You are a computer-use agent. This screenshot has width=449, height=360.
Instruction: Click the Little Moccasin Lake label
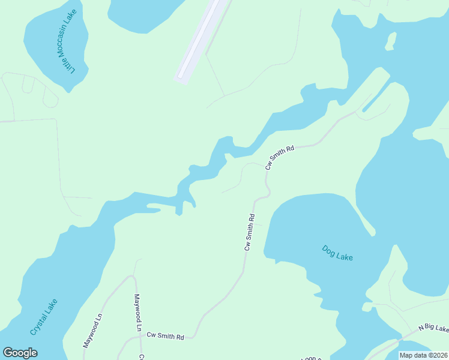point(67,50)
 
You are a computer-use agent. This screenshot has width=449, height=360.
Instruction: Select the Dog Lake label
point(337,253)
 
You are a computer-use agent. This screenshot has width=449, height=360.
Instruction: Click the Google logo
point(20,353)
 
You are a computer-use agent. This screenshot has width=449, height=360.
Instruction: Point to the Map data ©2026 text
point(423,355)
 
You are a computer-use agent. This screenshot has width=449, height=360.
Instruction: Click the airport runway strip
point(202,40)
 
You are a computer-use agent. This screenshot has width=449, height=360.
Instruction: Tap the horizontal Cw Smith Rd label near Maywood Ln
point(166,337)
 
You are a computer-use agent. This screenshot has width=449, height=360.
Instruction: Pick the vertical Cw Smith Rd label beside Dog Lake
point(250,232)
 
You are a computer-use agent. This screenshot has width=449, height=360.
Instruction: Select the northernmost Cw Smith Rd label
point(280,157)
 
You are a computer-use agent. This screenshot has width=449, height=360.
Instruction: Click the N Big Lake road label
point(433,328)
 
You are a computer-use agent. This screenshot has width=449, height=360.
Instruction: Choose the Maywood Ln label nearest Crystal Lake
point(92,330)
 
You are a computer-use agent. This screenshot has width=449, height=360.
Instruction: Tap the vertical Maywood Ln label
point(137,313)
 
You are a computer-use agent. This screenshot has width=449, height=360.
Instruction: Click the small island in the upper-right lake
point(391,41)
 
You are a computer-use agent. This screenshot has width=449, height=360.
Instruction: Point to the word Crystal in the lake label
point(37,324)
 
